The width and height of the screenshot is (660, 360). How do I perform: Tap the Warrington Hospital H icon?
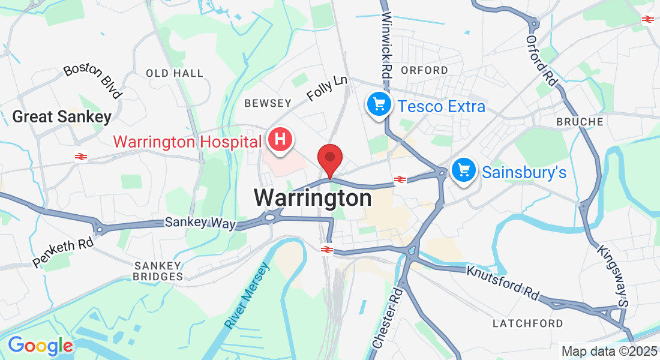280,140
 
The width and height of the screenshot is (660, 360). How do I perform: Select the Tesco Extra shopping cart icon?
379,106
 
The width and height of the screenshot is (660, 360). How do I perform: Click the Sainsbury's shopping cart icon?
463,171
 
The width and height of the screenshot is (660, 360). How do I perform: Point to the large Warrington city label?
313,197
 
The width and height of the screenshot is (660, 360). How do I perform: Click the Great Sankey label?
62,116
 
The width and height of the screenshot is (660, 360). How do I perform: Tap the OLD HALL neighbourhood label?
175,73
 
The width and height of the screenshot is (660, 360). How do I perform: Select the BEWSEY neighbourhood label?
268,103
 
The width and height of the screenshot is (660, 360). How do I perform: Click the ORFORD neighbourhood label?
424,70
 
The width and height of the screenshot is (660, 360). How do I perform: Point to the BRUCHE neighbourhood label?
580,122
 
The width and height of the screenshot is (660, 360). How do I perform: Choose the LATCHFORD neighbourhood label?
528,323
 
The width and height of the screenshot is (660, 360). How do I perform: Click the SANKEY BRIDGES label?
158,271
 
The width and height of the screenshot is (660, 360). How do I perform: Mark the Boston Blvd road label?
93,80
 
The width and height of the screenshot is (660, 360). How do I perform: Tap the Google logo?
40,346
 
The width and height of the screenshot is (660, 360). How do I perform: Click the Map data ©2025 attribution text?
609,351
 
